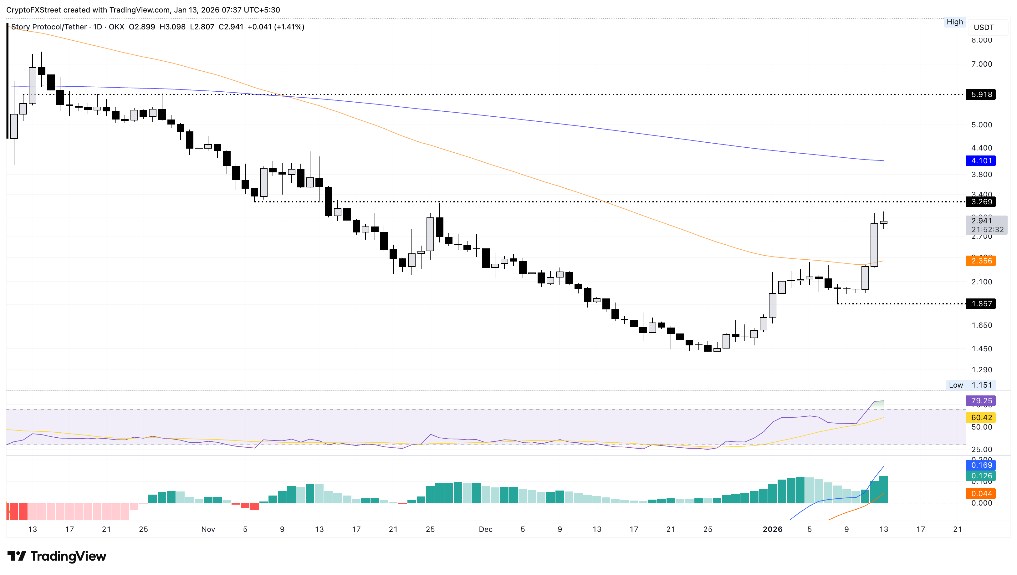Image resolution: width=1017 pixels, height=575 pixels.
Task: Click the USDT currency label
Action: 984,27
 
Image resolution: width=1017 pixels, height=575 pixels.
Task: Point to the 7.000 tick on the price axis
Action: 981,64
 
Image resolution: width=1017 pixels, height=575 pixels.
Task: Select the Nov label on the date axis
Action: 208,529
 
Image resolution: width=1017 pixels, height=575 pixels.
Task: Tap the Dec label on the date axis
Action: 485,529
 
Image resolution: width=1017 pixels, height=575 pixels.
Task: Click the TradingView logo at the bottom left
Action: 56,557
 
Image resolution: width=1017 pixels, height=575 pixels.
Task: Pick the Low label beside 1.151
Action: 956,385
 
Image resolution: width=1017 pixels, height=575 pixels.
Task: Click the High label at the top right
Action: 955,22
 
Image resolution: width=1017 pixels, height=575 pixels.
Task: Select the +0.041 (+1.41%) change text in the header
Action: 276,27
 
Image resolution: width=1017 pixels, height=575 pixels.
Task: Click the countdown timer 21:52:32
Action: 987,229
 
